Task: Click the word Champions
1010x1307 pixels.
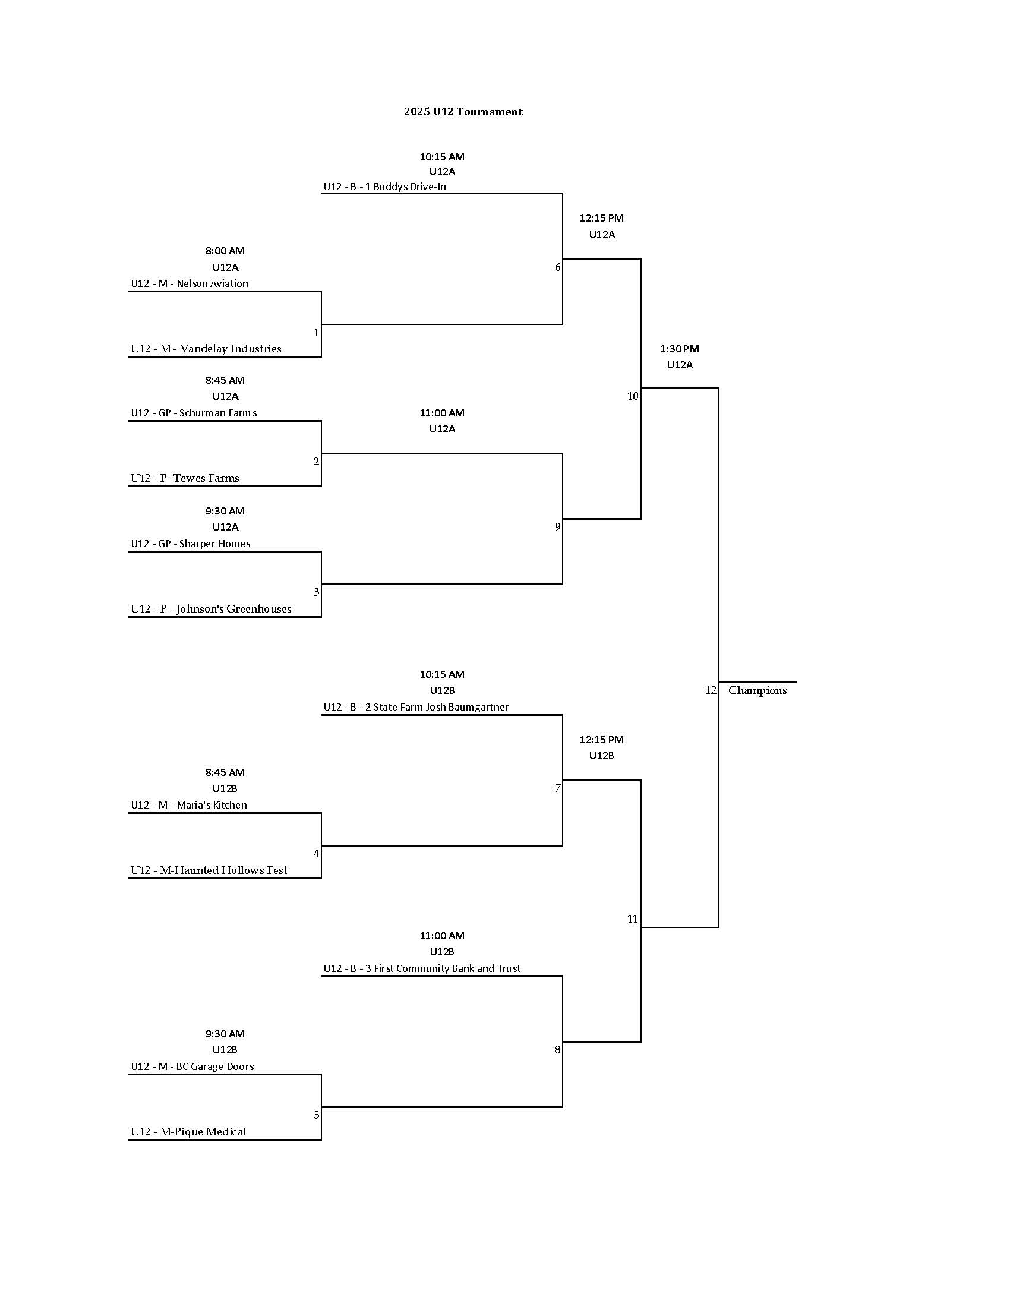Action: pos(757,690)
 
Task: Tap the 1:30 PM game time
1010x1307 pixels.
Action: pos(679,349)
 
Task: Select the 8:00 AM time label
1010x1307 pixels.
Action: pos(225,251)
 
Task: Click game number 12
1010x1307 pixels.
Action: pos(710,690)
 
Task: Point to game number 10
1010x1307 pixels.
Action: pos(633,396)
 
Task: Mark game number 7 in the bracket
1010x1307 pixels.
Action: pos(557,789)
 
